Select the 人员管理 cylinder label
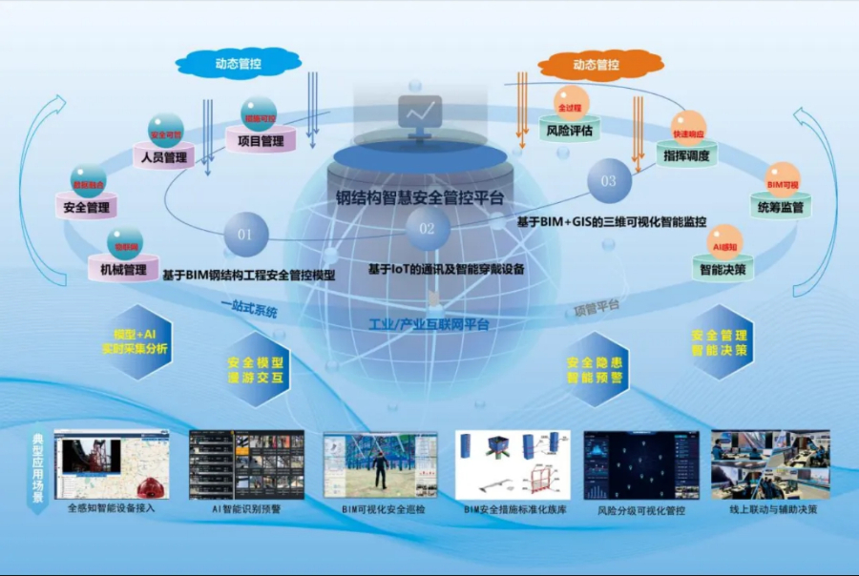(164, 157)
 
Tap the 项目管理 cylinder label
(260, 141)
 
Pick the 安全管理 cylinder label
(87, 207)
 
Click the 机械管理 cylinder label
(123, 270)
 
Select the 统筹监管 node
(780, 206)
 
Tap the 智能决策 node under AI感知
(723, 270)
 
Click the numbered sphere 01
(245, 234)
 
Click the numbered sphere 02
(427, 229)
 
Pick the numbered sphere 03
(608, 180)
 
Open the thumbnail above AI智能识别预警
(246, 464)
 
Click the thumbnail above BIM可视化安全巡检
(380, 464)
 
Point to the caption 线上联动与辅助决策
(773, 509)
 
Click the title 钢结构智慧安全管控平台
(419, 198)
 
